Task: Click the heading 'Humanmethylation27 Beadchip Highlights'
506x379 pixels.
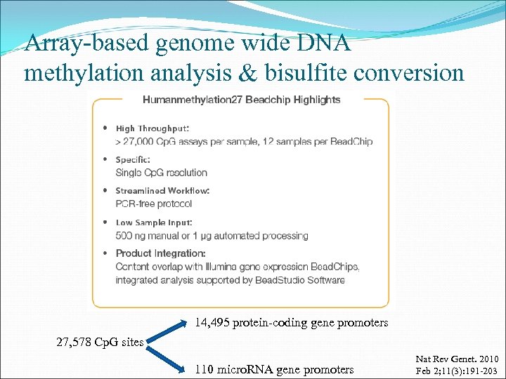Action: coord(241,100)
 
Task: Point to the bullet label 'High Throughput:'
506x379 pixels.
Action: coord(152,128)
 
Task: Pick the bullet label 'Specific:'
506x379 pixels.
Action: coord(133,160)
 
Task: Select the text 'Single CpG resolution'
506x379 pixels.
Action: coord(162,173)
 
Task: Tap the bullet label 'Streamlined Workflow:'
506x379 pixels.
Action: coord(162,191)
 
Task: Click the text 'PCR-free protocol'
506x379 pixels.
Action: coord(154,204)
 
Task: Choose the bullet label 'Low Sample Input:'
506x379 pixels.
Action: coord(154,222)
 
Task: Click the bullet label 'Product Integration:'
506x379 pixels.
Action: coord(160,253)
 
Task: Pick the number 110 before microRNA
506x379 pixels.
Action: coord(205,369)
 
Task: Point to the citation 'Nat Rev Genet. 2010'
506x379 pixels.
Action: coord(456,359)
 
